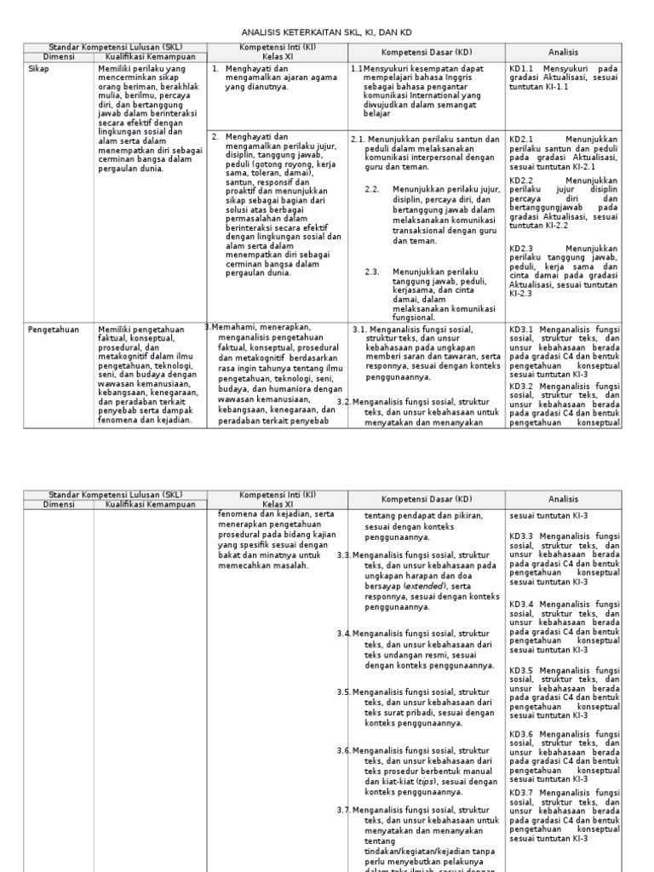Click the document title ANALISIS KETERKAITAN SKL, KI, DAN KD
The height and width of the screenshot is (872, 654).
[x=328, y=32]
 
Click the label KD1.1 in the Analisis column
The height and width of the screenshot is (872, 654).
[x=521, y=68]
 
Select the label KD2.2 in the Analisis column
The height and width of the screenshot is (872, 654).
[x=521, y=181]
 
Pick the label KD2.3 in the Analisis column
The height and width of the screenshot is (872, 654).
[x=521, y=249]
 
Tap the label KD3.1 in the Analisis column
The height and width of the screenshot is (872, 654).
[x=521, y=329]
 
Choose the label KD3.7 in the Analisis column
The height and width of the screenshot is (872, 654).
[x=521, y=793]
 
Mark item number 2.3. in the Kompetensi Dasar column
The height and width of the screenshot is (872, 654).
[x=372, y=272]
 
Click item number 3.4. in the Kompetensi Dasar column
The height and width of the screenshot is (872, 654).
[x=343, y=634]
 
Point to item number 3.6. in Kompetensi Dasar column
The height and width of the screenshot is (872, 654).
[x=343, y=750]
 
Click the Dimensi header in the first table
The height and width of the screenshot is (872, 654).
[x=59, y=56]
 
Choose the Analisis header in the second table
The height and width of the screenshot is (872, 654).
[x=563, y=499]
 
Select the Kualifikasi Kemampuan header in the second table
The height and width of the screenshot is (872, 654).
[x=151, y=504]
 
